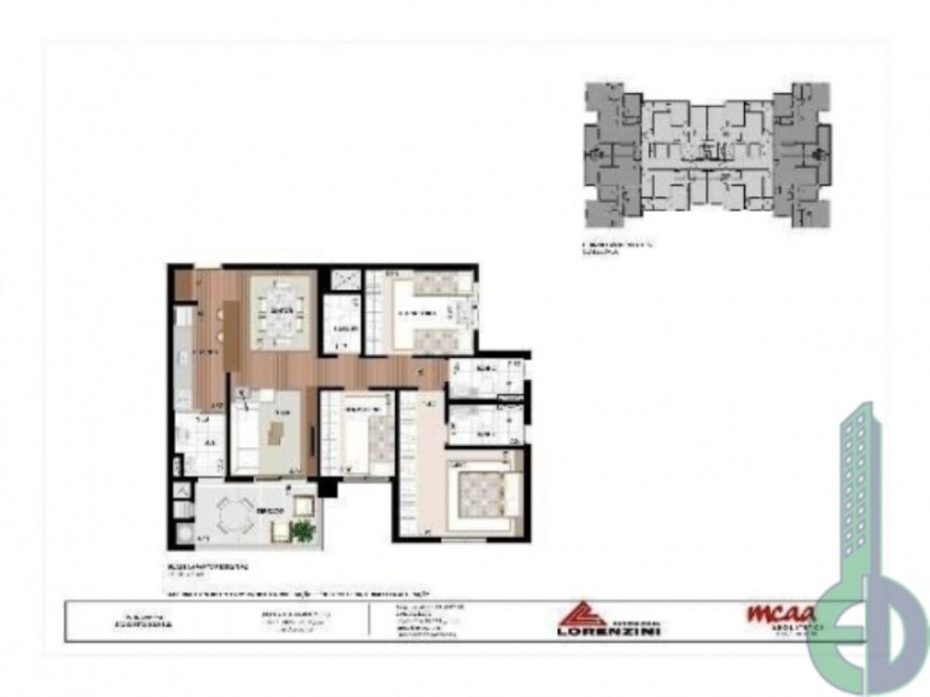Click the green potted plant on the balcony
pos(303,531)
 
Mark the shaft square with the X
pos(340,280)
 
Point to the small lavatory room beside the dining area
pos(342,325)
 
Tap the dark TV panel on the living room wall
pos(311,436)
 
